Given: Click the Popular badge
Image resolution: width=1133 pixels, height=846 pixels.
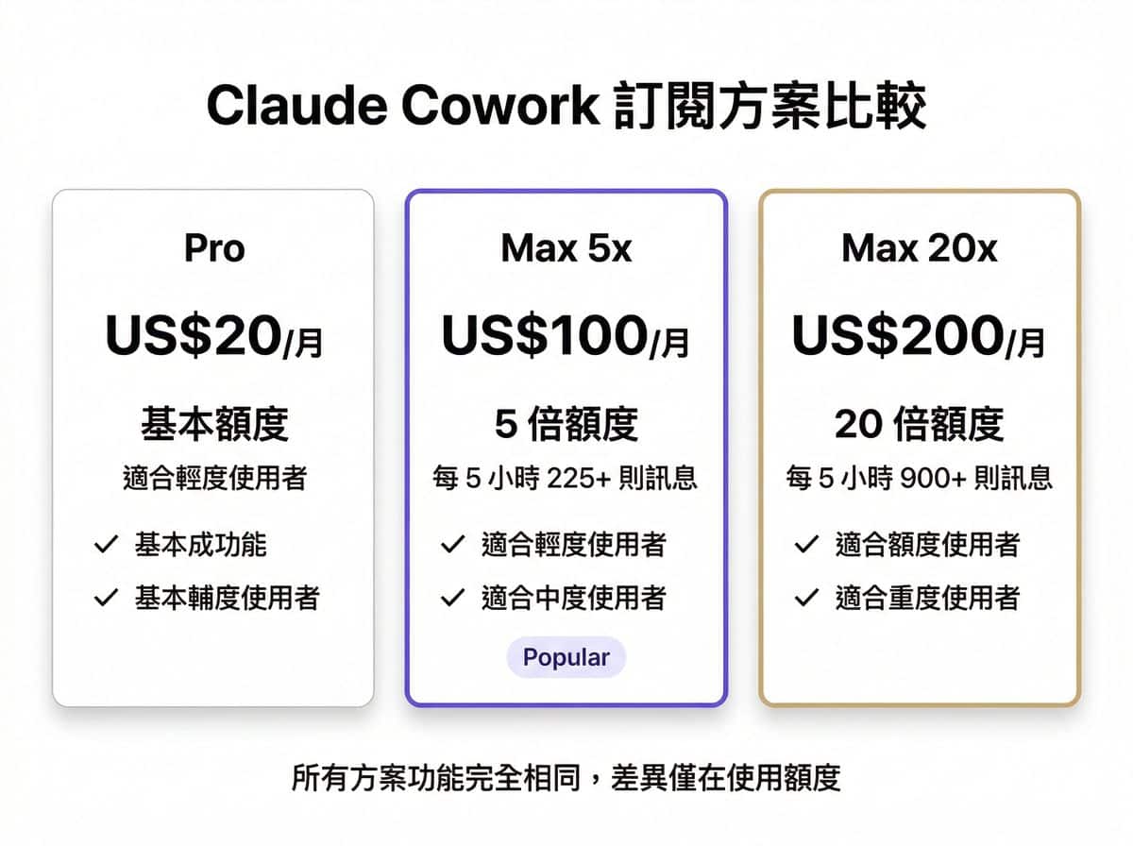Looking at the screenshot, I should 566,658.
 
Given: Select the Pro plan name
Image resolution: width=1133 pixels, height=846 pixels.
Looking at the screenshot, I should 214,248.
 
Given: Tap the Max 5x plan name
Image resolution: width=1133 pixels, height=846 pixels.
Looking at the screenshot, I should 566,248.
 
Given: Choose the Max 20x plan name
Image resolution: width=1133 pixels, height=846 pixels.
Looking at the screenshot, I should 920,248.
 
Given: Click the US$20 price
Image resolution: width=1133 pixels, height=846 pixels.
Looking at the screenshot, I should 193,337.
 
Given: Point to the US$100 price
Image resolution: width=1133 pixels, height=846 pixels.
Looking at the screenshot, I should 544,337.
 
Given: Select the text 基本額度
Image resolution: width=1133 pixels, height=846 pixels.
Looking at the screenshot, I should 214,425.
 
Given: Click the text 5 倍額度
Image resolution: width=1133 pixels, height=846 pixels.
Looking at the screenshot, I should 566,425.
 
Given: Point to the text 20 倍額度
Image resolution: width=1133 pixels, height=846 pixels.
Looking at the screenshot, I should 920,425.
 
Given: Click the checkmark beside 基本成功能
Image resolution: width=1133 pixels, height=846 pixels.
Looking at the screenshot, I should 106,544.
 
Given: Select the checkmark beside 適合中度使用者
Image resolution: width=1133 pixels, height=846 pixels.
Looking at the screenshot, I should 453,597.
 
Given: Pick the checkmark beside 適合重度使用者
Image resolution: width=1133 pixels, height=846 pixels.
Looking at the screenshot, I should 806,597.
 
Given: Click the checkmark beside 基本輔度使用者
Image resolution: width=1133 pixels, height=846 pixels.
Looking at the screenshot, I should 106,597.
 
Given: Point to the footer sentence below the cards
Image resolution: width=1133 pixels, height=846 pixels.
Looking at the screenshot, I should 566,779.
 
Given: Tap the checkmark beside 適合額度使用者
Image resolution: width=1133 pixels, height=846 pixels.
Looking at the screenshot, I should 806,544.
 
